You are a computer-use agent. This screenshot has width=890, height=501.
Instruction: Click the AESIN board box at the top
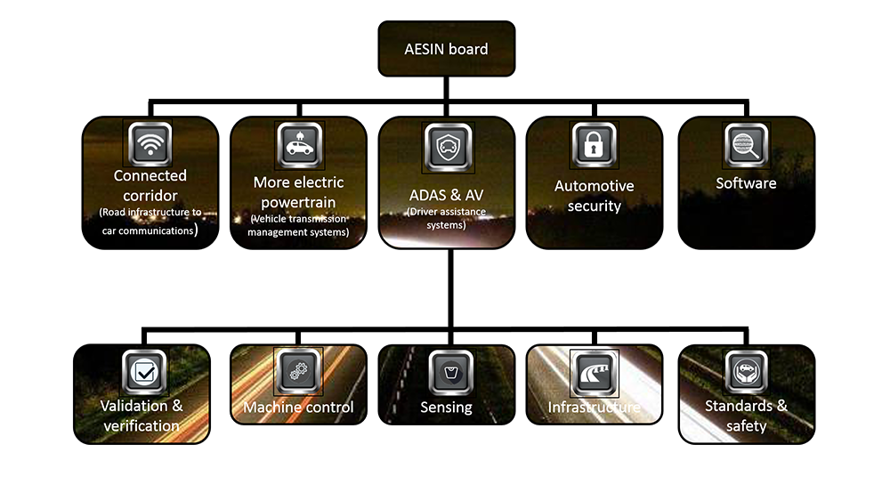tap(446, 49)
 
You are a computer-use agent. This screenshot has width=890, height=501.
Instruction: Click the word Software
tap(746, 183)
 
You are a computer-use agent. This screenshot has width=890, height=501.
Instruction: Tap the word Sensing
tap(446, 408)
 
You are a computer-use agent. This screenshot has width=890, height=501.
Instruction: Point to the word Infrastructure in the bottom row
tap(594, 408)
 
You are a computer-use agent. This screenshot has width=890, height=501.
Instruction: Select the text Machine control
tap(298, 408)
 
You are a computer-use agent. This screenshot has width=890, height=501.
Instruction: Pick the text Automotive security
tap(594, 196)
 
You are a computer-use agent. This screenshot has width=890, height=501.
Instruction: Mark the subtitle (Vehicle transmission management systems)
tap(298, 225)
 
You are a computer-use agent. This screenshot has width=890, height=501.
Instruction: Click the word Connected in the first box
tap(150, 176)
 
